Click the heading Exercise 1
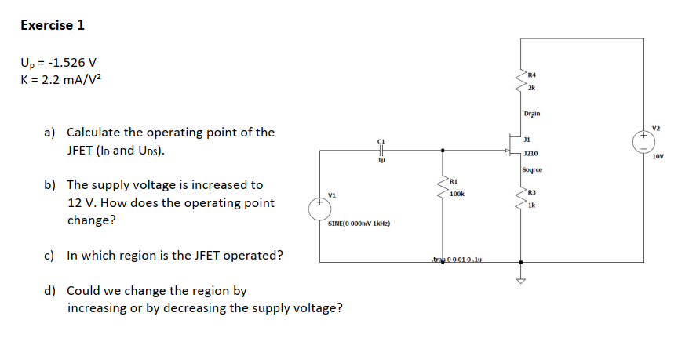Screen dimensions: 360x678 tap(53, 25)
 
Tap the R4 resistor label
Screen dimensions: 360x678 tap(533, 74)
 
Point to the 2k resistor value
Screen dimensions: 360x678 tap(533, 87)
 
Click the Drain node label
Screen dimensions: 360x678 tap(531, 115)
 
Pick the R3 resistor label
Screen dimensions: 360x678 tap(532, 193)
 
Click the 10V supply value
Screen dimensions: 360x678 tap(658, 157)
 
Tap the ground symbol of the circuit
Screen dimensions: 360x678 tap(519, 281)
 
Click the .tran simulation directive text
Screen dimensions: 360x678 tap(456, 259)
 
